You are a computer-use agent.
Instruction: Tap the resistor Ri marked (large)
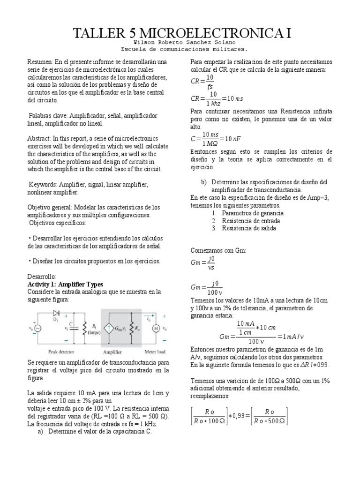click(84, 328)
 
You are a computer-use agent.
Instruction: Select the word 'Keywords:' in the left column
click(45, 184)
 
